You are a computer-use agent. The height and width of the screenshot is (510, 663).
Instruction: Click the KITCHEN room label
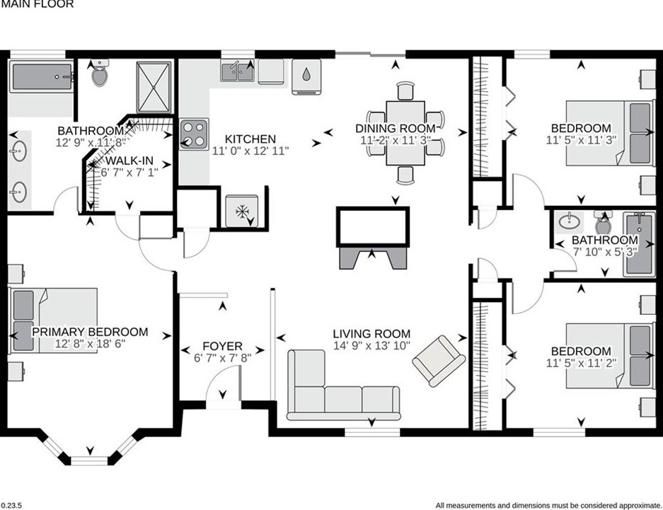point(250,139)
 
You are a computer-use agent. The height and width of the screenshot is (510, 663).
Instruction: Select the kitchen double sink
point(238,71)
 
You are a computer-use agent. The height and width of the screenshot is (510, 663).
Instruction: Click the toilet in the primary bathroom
point(99,73)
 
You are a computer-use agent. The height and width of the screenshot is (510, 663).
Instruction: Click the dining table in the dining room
point(405,133)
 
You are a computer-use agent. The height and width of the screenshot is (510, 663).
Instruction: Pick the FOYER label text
point(222,346)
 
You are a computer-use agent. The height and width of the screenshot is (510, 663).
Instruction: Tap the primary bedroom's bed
point(54,320)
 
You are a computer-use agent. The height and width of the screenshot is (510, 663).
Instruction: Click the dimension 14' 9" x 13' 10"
point(372,347)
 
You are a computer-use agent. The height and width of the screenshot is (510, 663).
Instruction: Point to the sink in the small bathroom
point(567,223)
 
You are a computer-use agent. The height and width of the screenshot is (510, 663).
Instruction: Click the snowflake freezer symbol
point(242,211)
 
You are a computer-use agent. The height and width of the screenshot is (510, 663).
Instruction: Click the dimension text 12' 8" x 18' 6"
point(90,344)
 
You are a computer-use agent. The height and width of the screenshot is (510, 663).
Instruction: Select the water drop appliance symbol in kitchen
point(306,74)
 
